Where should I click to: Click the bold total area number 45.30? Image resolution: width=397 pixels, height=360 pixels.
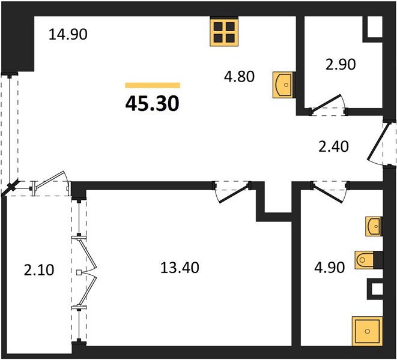tap(152, 104)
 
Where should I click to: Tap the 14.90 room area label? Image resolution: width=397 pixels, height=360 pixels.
tap(68, 34)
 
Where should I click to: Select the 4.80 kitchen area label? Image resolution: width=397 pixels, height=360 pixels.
tap(239, 76)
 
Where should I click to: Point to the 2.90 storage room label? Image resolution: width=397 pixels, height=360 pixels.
tap(341, 64)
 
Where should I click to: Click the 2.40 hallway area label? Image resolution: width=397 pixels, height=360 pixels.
tap(333, 146)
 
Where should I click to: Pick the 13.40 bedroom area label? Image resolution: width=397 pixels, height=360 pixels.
tap(180, 268)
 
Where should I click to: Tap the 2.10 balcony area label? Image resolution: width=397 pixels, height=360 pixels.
tap(39, 269)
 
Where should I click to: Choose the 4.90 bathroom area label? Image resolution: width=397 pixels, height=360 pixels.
tap(329, 268)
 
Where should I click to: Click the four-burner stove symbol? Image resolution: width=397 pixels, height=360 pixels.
tap(224, 32)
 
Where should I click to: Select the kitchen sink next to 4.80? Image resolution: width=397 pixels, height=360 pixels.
tap(283, 85)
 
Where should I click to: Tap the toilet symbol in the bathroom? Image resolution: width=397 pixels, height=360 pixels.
tap(365, 260)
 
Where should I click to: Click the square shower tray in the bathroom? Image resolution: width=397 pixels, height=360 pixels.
tap(367, 331)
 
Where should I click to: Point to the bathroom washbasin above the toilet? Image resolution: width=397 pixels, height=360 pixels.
tap(373, 226)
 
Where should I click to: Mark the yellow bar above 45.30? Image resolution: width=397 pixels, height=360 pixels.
tap(153, 85)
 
